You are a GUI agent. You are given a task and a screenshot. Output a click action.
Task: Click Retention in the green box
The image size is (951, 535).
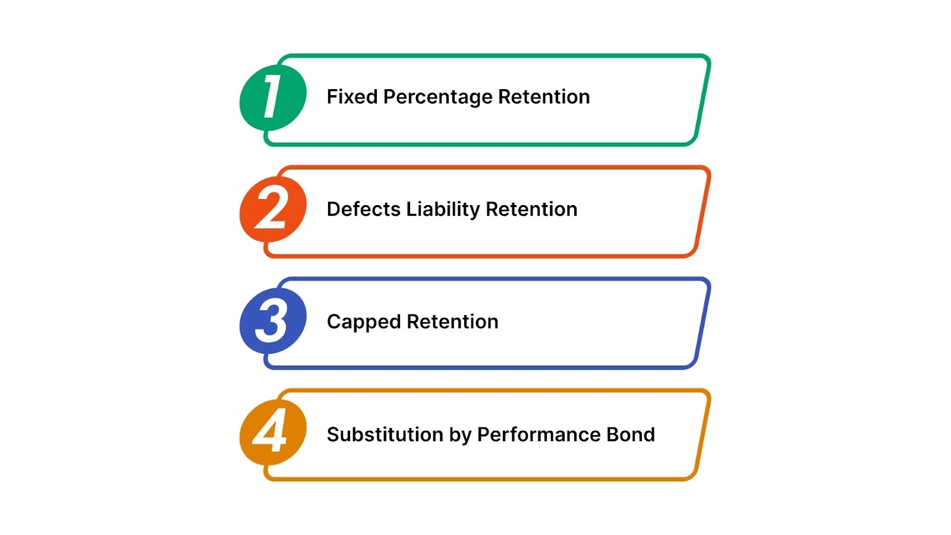(544, 97)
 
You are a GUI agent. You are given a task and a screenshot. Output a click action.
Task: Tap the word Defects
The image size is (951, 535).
(364, 209)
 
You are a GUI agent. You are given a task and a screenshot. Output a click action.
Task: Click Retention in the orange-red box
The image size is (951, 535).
(531, 209)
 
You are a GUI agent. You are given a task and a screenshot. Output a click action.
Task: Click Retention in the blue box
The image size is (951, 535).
(453, 322)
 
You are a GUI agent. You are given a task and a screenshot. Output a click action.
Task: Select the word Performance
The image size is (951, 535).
(539, 435)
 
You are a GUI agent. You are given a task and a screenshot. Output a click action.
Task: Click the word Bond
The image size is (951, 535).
(631, 435)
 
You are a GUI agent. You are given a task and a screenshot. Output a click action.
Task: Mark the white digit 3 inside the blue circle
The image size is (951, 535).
(272, 321)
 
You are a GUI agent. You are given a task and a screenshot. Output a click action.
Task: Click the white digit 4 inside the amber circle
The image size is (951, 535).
(270, 431)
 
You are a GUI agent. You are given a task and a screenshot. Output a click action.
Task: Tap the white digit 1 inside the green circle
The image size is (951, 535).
(272, 96)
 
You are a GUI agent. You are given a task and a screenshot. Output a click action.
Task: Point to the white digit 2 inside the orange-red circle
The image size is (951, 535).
(272, 209)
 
